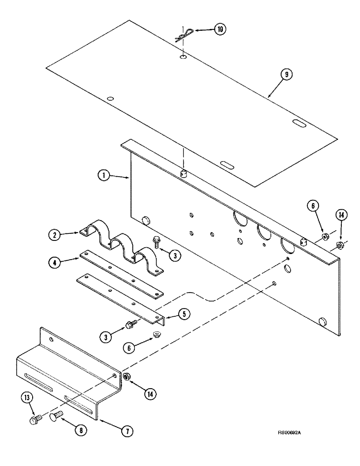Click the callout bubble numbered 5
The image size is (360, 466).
point(186,314)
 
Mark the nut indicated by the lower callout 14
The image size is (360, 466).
point(126,377)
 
